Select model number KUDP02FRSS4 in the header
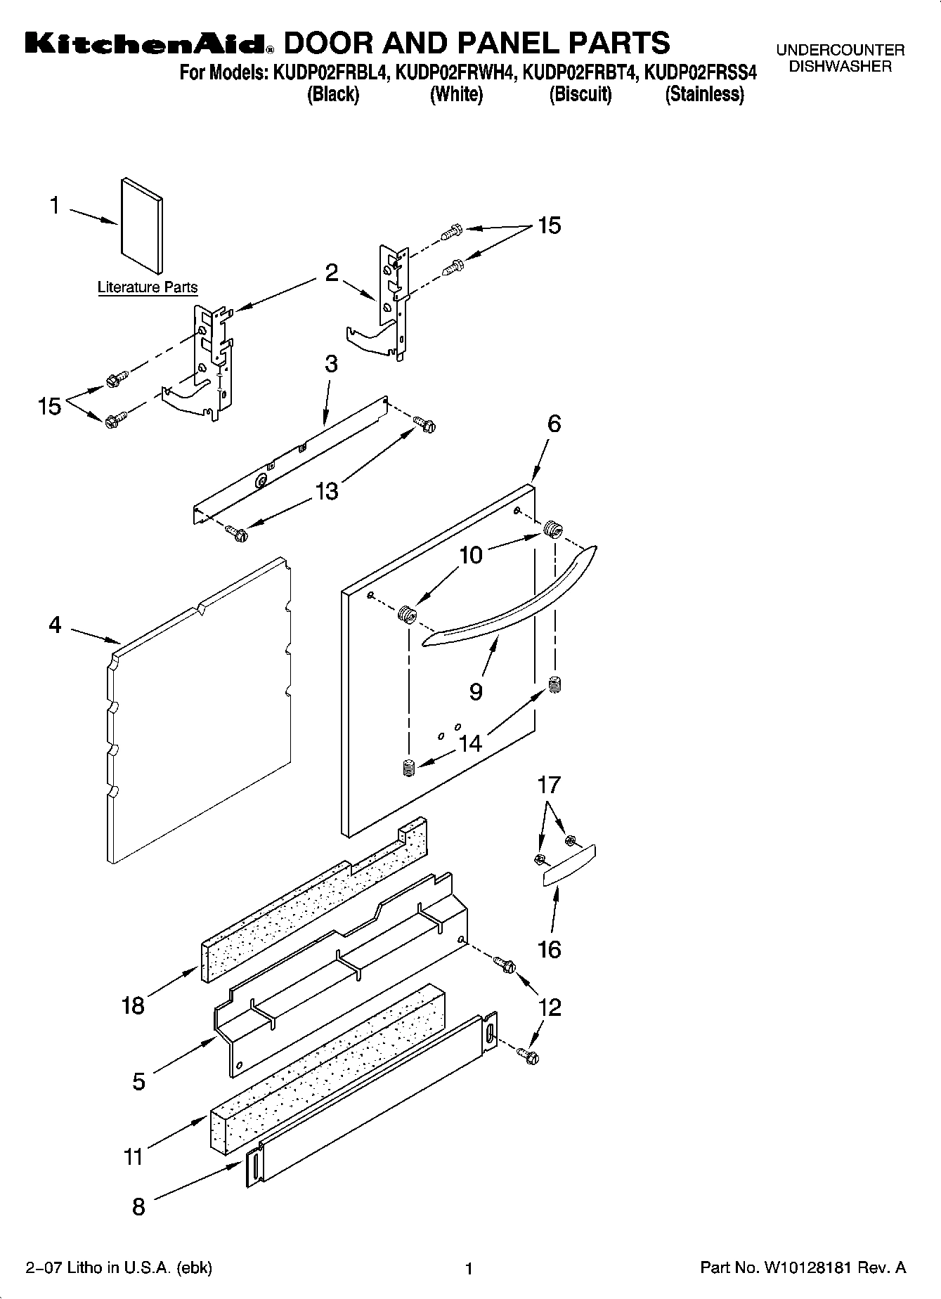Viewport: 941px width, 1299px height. click(700, 72)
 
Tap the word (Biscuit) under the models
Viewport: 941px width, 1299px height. click(580, 94)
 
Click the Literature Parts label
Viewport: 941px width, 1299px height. click(148, 287)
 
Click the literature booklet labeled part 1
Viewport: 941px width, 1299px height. click(142, 226)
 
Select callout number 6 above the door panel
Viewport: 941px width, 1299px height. click(554, 424)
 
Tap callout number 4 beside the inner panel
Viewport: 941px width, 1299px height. click(56, 625)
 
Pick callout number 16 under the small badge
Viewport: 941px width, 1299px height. click(550, 950)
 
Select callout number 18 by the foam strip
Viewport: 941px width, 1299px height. click(132, 1005)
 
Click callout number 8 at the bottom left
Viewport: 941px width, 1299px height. click(138, 1207)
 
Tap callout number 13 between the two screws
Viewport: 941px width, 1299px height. click(327, 491)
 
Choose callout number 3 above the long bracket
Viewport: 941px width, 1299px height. click(331, 364)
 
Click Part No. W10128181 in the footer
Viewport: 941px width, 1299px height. click(803, 1268)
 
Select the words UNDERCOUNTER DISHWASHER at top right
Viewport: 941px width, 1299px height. click(840, 58)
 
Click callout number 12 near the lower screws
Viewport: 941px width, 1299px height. click(550, 1007)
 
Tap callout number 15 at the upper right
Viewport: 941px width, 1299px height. click(550, 226)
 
